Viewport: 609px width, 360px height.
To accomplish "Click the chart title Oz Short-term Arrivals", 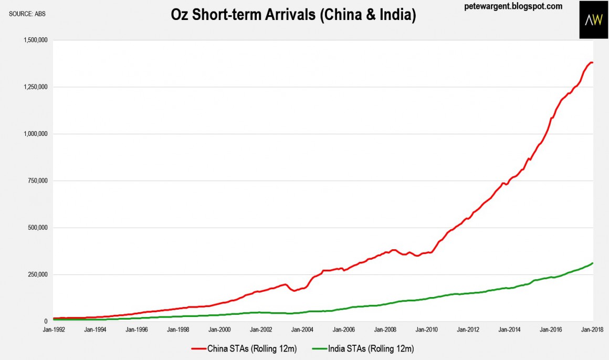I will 293,15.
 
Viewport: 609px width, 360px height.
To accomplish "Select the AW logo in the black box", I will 593,19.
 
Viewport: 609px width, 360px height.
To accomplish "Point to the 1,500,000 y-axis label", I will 35,40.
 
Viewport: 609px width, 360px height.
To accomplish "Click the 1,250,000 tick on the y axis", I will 35,87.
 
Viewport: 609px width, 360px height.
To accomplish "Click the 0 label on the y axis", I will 46,321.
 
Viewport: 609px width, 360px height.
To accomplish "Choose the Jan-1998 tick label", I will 177,330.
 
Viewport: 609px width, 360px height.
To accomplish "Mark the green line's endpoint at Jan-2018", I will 593,263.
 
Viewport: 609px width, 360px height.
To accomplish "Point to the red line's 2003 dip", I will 295,290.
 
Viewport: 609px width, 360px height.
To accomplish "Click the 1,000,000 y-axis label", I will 35,134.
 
